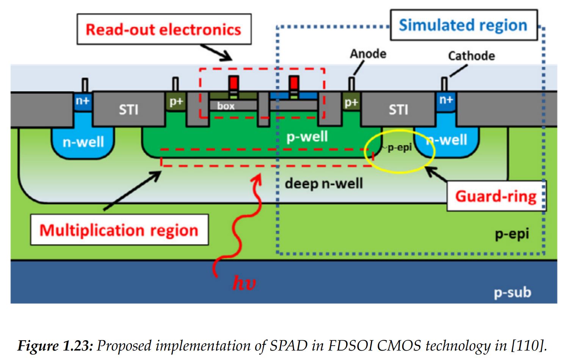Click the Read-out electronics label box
click(164, 30)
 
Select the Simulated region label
click(463, 25)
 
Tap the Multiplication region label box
click(119, 230)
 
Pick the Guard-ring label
click(495, 196)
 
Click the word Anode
click(368, 54)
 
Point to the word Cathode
click(471, 56)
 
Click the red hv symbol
click(243, 283)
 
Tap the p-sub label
click(512, 293)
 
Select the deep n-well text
click(324, 184)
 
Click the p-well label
click(307, 136)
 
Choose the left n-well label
click(83, 142)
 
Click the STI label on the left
click(129, 110)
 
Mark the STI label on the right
click(398, 110)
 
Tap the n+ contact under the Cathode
click(446, 100)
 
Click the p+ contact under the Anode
click(351, 103)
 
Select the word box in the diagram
click(226, 106)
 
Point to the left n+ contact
click(83, 101)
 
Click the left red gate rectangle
click(234, 82)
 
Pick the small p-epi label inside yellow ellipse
click(399, 147)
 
